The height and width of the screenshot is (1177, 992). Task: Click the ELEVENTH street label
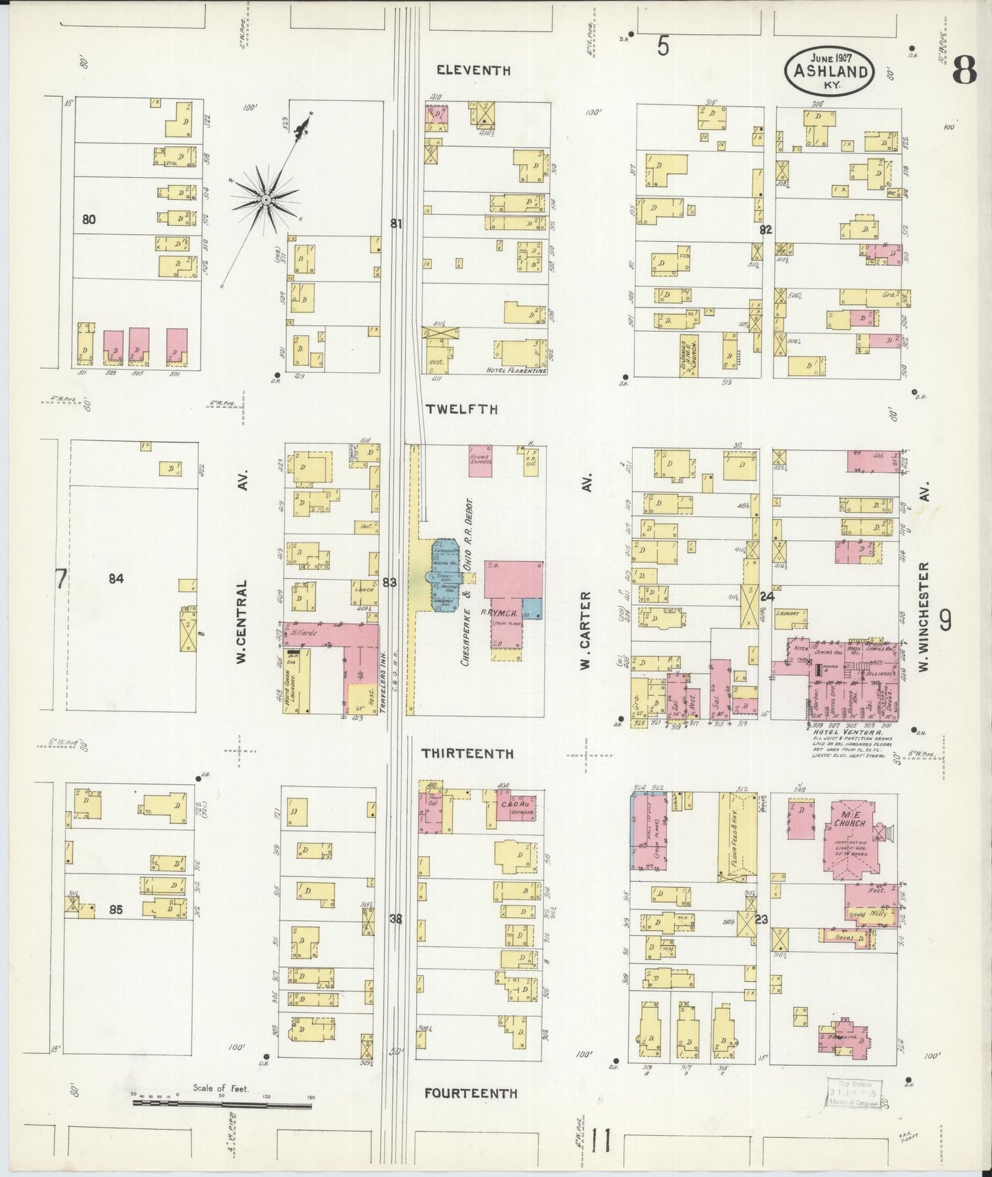[474, 70]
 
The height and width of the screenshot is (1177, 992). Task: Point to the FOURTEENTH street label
[470, 1093]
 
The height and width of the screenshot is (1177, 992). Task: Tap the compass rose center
[266, 199]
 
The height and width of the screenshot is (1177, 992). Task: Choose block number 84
[115, 579]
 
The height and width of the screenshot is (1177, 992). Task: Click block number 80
[88, 220]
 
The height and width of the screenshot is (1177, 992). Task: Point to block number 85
[115, 911]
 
